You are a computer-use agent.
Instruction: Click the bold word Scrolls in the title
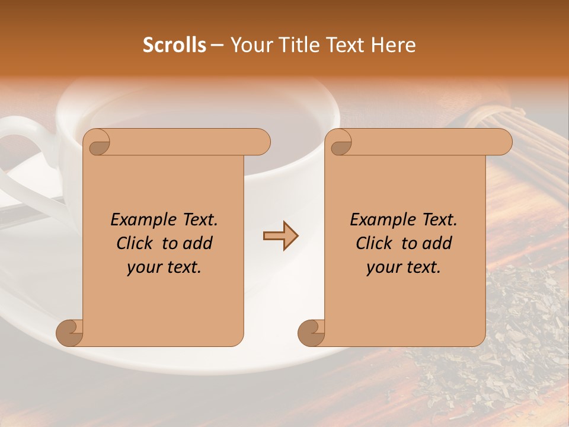pyautogui.click(x=174, y=45)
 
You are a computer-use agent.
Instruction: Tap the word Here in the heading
pyautogui.click(x=394, y=45)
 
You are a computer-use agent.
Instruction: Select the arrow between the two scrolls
pyautogui.click(x=280, y=236)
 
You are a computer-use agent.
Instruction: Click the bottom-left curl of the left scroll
pyautogui.click(x=69, y=333)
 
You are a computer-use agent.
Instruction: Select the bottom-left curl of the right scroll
pyautogui.click(x=311, y=333)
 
